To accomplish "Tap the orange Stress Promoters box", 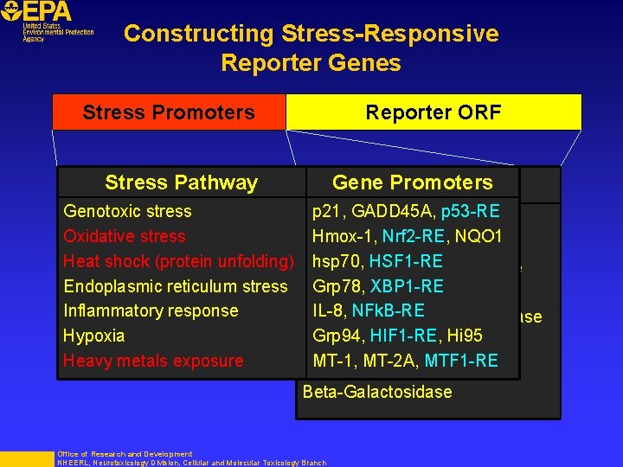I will pos(169,112).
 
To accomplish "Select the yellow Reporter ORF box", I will pos(433,112).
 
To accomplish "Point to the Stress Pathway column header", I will pos(181,182).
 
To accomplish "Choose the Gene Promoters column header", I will pos(412,182).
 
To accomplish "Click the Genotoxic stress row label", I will pos(127,211).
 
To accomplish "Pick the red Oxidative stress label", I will pos(124,236).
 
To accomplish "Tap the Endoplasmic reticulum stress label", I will pos(175,286).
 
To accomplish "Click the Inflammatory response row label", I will pos(151,310).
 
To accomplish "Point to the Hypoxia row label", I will pos(93,336).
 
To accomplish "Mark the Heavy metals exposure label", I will pos(153,361).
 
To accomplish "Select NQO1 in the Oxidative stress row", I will pos(480,236).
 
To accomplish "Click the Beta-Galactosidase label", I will pos(376,392).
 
